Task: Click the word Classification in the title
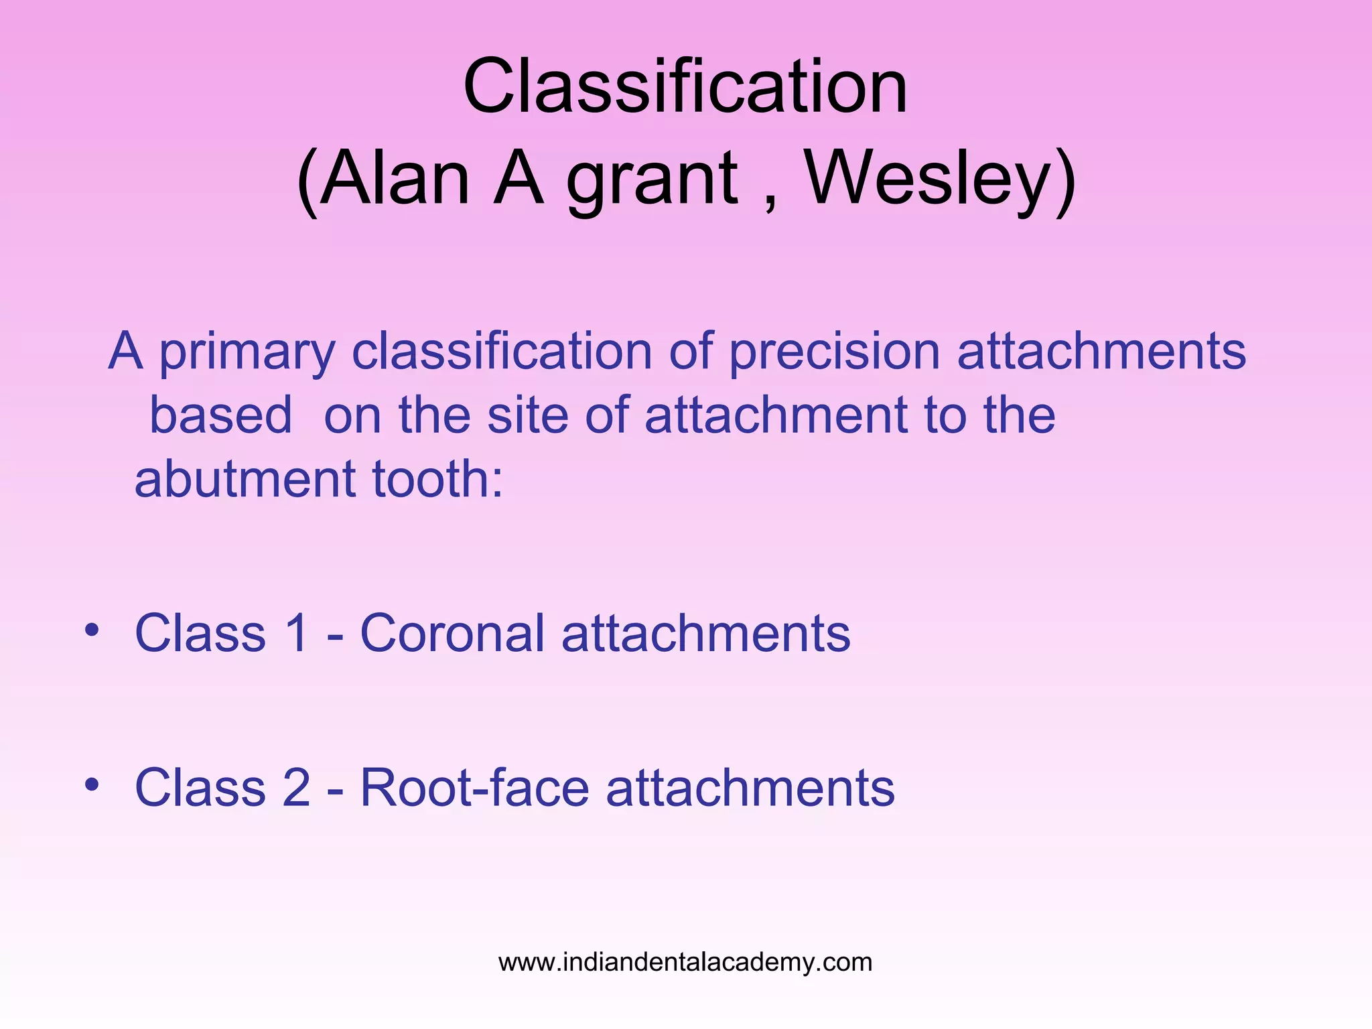coord(685,87)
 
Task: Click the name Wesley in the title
coord(928,178)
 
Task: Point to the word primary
coord(247,354)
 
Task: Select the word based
coord(220,415)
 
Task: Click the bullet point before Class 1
coord(92,630)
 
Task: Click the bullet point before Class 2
coord(92,783)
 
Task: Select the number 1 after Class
coord(296,633)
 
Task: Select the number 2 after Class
coord(296,787)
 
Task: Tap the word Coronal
coord(452,633)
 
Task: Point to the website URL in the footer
coord(685,962)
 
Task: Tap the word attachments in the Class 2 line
coord(750,787)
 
